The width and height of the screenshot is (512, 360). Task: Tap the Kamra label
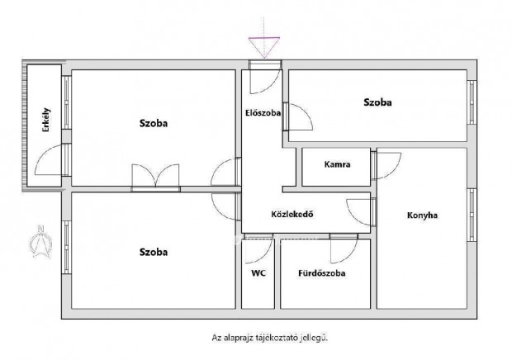click(337, 164)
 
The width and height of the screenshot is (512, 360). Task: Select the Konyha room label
click(421, 216)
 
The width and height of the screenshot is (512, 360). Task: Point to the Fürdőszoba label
click(322, 272)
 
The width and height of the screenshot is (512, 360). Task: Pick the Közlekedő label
click(292, 216)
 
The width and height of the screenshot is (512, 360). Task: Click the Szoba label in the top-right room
click(377, 103)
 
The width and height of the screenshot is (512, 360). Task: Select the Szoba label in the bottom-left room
click(154, 251)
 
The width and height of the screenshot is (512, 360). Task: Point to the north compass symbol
click(38, 239)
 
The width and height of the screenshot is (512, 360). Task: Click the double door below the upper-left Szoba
click(155, 177)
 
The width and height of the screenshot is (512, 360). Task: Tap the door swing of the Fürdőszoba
click(341, 245)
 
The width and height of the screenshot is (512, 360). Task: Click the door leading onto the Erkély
click(51, 159)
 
